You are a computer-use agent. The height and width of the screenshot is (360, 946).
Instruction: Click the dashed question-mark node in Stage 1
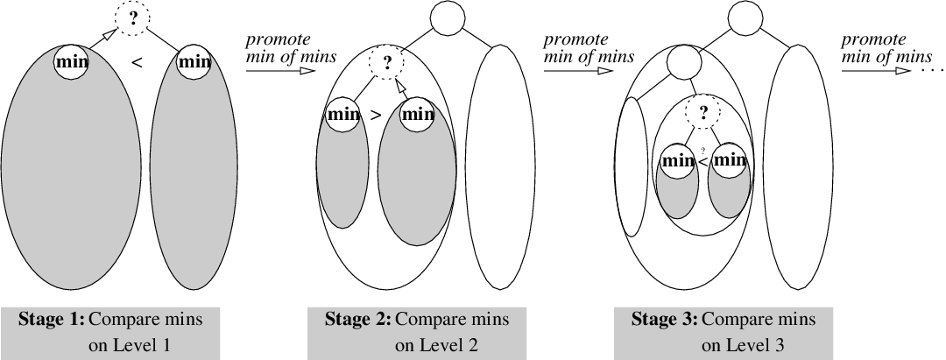point(133,19)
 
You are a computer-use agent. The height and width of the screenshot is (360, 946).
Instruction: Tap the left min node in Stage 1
point(71,62)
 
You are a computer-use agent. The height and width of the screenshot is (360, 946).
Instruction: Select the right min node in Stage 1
point(194,62)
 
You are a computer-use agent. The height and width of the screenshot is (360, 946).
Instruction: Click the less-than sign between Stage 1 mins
point(136,61)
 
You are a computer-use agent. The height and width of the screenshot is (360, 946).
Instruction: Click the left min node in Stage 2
point(342,113)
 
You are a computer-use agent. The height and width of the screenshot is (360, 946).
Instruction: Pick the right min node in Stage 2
point(418,113)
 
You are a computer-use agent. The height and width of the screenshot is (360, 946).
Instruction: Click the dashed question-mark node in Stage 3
point(700,111)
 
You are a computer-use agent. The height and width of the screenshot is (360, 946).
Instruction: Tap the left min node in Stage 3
point(677,160)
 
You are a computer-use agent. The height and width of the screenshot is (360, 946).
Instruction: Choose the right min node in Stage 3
point(729,160)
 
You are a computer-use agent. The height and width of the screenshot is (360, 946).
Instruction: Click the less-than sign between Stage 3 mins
point(702,162)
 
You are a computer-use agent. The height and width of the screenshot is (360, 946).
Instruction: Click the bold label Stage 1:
point(52,320)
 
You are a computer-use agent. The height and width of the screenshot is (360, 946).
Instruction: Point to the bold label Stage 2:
point(359,320)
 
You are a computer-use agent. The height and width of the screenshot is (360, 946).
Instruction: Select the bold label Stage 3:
point(665,320)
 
